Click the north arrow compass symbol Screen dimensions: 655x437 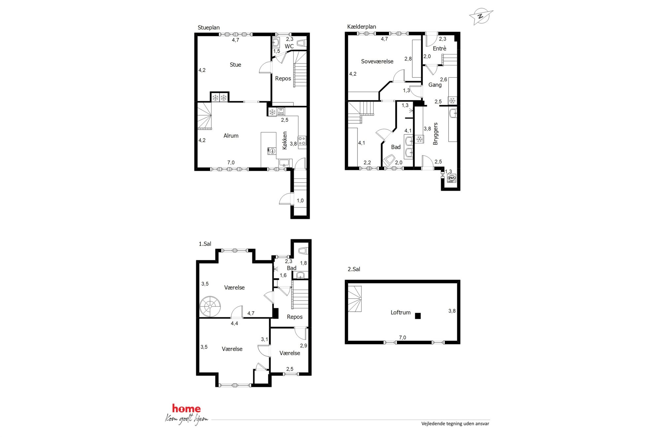pyautogui.click(x=481, y=16)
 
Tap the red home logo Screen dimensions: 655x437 pyautogui.click(x=186, y=409)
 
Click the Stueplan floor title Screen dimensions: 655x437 pyautogui.click(x=209, y=28)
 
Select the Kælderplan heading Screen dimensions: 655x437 pyautogui.click(x=362, y=27)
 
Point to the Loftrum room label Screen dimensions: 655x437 pyautogui.click(x=400, y=312)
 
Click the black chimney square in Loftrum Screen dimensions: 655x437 pyautogui.click(x=418, y=316)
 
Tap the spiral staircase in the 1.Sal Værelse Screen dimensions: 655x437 pyautogui.click(x=210, y=307)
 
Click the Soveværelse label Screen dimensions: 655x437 pyautogui.click(x=377, y=61)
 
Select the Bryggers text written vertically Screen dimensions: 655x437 pyautogui.click(x=435, y=134)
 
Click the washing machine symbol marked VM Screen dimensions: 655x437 pyautogui.click(x=451, y=178)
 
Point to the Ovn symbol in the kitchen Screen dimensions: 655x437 pyautogui.click(x=281, y=111)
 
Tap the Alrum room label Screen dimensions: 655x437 pyautogui.click(x=231, y=136)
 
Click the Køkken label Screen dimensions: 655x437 pyautogui.click(x=285, y=140)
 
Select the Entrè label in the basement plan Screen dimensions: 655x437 pyautogui.click(x=439, y=49)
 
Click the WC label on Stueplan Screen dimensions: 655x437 pyautogui.click(x=289, y=46)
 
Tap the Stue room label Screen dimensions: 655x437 pyautogui.click(x=235, y=65)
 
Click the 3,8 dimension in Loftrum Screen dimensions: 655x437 pyautogui.click(x=452, y=311)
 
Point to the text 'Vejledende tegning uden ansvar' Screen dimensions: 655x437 pyautogui.click(x=455, y=423)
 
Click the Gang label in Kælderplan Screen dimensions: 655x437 pyautogui.click(x=435, y=85)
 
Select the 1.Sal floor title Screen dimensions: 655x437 pyautogui.click(x=205, y=244)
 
